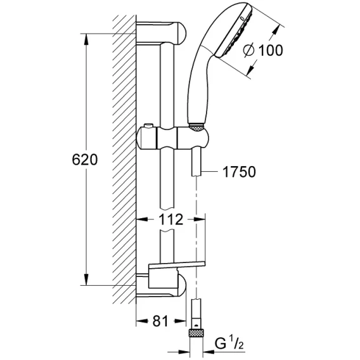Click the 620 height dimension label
(x=85, y=160)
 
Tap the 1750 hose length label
(x=239, y=172)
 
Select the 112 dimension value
(x=171, y=219)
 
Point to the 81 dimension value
(x=160, y=321)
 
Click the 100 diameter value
(x=271, y=50)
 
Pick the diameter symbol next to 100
(x=249, y=50)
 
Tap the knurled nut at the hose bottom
(x=196, y=333)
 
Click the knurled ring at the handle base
(x=196, y=127)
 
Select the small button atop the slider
(x=148, y=126)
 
